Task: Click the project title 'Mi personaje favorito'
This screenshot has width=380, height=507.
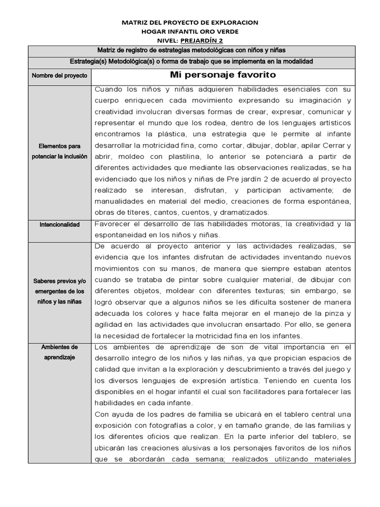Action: [x=223, y=75]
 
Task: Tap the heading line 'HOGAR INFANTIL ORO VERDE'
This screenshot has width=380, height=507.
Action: [x=190, y=32]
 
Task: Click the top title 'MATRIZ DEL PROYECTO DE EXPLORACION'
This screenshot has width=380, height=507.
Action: [x=190, y=23]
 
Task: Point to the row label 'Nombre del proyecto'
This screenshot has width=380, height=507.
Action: [x=59, y=76]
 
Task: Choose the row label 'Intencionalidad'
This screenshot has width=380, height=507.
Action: [x=59, y=224]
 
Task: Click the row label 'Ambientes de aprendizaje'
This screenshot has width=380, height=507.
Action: [x=59, y=352]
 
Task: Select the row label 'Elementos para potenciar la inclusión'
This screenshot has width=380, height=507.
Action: [x=59, y=151]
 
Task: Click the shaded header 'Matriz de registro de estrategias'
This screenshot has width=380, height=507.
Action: [x=191, y=51]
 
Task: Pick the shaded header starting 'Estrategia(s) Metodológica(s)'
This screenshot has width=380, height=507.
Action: [x=191, y=61]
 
